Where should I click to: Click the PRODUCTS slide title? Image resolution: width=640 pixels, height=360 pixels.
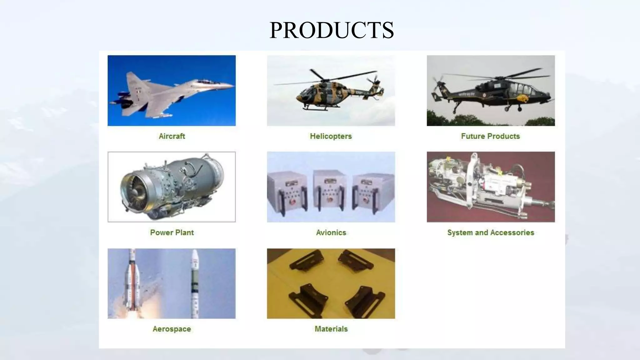tap(332, 30)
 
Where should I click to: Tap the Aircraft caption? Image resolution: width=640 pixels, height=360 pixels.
tap(172, 136)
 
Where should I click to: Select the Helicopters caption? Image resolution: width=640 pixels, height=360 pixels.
tap(331, 136)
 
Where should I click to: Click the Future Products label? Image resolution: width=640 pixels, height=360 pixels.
tap(490, 136)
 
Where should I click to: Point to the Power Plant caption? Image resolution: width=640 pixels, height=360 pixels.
tap(172, 232)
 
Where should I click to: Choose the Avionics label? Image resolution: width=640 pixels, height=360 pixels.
tap(331, 232)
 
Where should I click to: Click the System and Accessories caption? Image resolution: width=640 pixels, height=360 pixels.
tap(491, 232)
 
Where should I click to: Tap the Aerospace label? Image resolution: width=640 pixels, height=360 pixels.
tap(172, 329)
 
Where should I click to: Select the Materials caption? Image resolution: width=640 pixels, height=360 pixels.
tap(331, 329)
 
